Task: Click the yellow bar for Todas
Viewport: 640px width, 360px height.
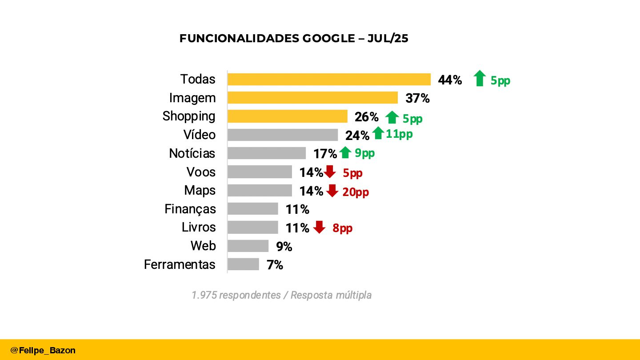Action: point(329,80)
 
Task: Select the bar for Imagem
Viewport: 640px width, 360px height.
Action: point(312,98)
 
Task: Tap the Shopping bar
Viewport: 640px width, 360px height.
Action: point(287,116)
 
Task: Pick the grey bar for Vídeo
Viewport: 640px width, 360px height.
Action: point(283,135)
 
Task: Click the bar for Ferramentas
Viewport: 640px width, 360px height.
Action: point(243,264)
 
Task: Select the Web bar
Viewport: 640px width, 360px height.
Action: point(248,246)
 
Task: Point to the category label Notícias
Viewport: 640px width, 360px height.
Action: point(192,154)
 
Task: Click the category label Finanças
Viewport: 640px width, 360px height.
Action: point(190,209)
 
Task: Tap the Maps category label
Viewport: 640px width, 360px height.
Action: point(200,191)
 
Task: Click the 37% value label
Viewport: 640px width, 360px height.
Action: point(417,99)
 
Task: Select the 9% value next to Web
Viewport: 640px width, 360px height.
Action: point(284,247)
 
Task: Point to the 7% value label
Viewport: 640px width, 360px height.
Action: point(275,265)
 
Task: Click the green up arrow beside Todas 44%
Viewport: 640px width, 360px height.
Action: point(480,79)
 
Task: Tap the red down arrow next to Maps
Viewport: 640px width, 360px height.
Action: point(332,191)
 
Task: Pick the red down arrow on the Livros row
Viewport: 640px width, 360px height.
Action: point(319,227)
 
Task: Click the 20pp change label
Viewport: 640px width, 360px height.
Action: point(356,192)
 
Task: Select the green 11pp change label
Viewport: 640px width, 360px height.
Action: point(399,134)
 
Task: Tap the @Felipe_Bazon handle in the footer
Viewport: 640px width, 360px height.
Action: point(43,350)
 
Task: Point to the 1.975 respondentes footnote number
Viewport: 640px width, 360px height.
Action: point(204,295)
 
